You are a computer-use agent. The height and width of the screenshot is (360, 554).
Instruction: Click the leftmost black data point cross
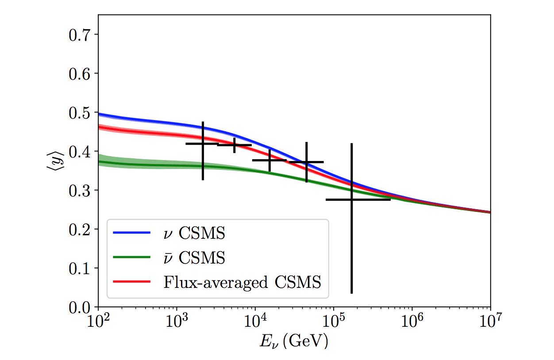point(203,144)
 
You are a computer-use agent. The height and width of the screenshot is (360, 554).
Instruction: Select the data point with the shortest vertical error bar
point(234,145)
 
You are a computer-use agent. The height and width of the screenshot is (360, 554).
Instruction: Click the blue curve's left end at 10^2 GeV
point(99,114)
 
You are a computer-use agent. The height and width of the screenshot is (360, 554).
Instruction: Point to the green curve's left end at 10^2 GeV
point(99,161)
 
